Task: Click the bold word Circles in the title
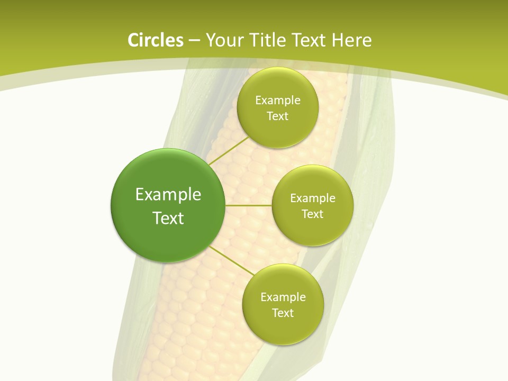pos(155,40)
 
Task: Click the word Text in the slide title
pos(309,40)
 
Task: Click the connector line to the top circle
pos(229,150)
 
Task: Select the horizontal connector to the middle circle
pos(248,205)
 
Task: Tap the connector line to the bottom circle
pos(231,260)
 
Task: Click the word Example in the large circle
pos(168,195)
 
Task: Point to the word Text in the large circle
pos(168,218)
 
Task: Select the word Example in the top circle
pos(277,101)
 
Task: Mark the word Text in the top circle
pos(277,116)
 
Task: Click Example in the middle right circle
pos(312,198)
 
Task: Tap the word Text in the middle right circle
pos(312,214)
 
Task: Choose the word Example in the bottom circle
pos(283,297)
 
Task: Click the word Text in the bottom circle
pos(283,313)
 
